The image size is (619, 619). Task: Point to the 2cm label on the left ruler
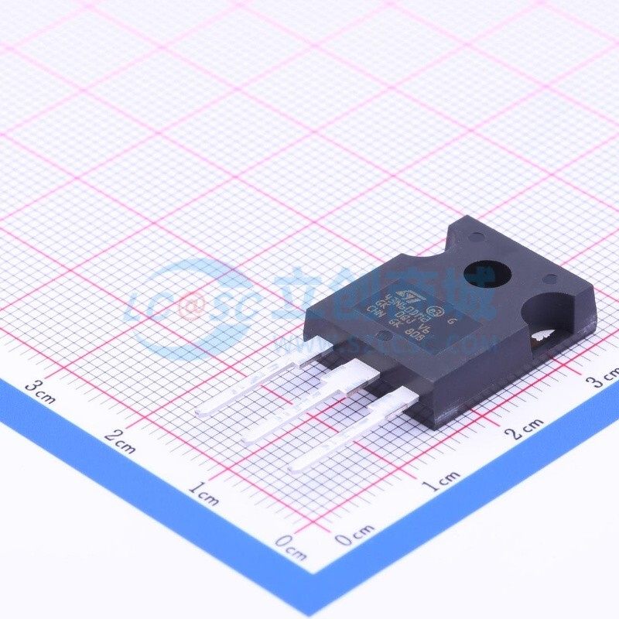click(119, 443)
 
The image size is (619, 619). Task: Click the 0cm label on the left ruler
click(291, 549)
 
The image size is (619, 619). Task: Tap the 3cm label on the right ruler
click(601, 378)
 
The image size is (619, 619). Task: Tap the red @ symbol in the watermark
click(188, 309)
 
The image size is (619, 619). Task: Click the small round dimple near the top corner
click(474, 231)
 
